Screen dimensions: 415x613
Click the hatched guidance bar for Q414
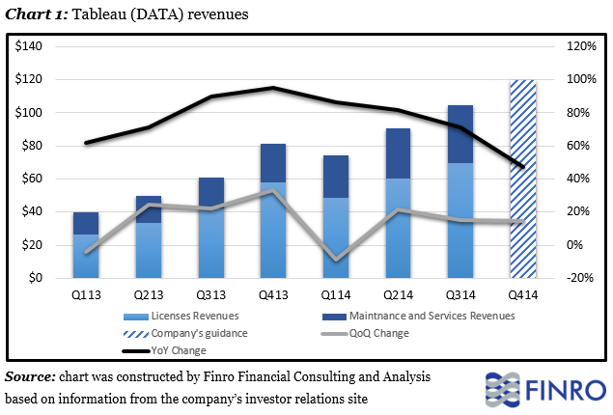522,179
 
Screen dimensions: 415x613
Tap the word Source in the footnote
30,375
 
